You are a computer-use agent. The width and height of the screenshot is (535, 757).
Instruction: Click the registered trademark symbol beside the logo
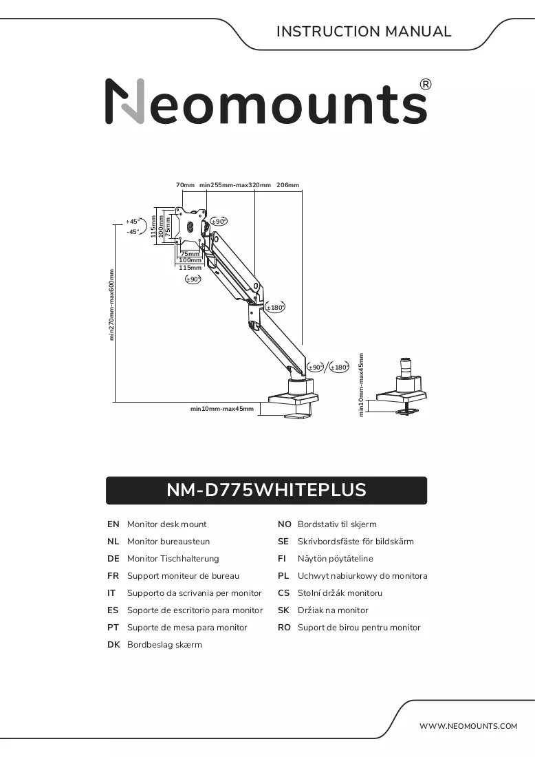point(426,85)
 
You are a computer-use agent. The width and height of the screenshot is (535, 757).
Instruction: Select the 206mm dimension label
point(287,185)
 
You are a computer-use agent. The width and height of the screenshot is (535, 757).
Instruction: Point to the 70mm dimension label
point(185,185)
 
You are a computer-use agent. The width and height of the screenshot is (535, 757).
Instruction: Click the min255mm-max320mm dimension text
point(235,185)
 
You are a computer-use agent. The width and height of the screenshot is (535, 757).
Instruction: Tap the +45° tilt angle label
point(133,222)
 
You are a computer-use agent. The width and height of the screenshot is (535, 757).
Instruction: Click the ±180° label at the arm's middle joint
point(275,308)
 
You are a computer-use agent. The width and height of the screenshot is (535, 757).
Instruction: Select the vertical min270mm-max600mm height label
point(112,305)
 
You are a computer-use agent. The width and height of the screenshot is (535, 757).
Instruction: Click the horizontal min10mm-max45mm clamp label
point(222,409)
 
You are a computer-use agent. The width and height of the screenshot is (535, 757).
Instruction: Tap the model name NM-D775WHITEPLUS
point(266,490)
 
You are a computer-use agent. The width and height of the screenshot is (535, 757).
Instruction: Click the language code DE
point(113,559)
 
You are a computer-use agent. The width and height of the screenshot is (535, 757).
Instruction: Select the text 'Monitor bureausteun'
point(168,541)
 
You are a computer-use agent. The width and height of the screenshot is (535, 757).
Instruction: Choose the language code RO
point(284,627)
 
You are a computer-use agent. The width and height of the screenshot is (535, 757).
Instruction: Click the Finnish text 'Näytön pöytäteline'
point(336,559)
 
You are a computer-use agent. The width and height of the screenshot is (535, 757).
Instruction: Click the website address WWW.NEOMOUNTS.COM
point(468,726)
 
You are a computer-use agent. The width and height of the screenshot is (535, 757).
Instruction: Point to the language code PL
point(284,576)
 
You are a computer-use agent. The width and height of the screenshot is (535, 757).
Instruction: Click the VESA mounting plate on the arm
point(192,225)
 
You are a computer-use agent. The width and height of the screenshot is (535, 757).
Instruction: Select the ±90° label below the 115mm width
point(193,279)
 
